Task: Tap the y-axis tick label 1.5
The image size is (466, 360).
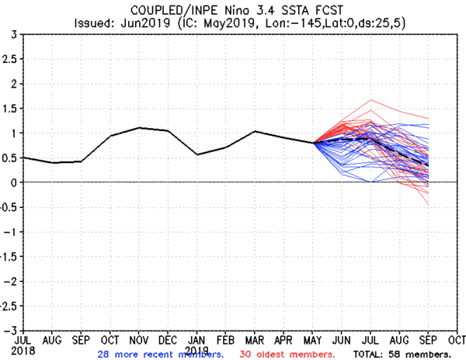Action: tap(11, 109)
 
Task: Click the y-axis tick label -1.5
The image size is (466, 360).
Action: tap(9, 256)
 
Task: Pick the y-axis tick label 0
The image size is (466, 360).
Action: tap(16, 182)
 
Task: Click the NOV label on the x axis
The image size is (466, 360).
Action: tap(137, 339)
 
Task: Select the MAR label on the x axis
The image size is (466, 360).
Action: tap(255, 339)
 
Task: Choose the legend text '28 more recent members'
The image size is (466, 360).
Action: tap(160, 355)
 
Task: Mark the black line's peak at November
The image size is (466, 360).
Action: tap(138, 127)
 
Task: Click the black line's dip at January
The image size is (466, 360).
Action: tap(197, 154)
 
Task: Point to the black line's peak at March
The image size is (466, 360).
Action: tap(255, 131)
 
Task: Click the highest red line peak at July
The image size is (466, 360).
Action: tap(371, 100)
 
